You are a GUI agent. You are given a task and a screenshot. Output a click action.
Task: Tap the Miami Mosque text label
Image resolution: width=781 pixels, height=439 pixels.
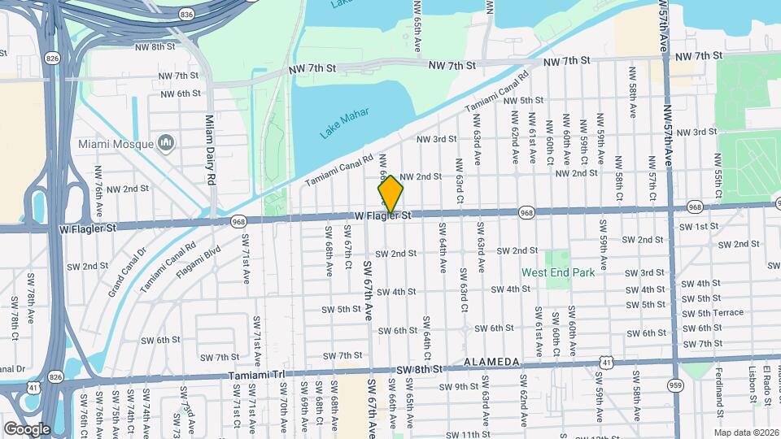pyautogui.click(x=116, y=144)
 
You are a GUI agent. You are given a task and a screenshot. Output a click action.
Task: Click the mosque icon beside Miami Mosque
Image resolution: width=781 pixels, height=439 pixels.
pyautogui.click(x=167, y=144)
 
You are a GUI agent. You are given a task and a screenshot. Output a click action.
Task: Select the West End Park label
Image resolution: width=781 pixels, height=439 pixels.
pyautogui.click(x=558, y=272)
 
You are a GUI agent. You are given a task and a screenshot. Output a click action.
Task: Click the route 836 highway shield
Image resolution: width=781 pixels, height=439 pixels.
pyautogui.click(x=187, y=15)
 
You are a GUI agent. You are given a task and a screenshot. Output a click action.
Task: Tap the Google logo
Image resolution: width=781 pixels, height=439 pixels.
pyautogui.click(x=27, y=429)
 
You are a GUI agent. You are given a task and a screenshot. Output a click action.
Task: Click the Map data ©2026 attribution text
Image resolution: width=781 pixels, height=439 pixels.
pyautogui.click(x=746, y=432)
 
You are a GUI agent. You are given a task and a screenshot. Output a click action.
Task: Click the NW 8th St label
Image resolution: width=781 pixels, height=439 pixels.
pyautogui.click(x=155, y=46)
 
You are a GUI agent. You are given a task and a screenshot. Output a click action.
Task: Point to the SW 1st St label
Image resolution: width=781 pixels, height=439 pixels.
pyautogui.click(x=701, y=226)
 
